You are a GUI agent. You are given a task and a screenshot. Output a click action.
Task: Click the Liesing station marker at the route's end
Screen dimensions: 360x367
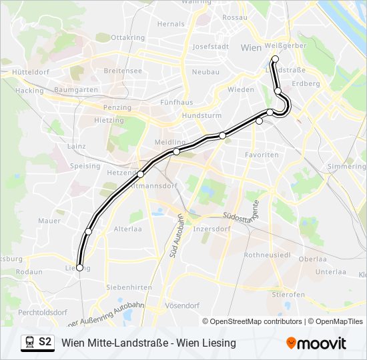pos(80,267)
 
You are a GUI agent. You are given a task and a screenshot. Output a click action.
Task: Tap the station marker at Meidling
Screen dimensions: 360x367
pos(176,152)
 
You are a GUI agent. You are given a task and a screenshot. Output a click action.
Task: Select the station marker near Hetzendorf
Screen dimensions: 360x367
pos(140,174)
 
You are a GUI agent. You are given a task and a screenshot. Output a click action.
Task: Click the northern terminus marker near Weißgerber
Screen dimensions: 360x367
pos(275,59)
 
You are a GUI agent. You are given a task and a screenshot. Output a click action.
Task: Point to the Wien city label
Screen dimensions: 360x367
pos(250,47)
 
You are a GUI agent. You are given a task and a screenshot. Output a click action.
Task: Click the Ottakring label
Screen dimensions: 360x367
pos(128,37)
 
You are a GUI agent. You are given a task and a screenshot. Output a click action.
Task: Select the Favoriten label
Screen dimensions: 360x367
pos(262,155)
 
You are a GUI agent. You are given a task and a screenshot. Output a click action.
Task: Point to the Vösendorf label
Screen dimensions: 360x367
pos(181,305)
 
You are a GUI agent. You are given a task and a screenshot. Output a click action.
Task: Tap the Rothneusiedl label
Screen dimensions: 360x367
pos(266,255)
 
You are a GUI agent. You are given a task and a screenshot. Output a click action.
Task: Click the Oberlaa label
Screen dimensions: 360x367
pos(312,259)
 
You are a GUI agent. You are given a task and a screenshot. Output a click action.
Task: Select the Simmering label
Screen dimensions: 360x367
pos(346,166)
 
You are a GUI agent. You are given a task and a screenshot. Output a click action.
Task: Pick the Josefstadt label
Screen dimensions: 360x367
pos(210,47)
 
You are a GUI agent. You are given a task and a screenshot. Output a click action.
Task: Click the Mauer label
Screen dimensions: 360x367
pos(49,220)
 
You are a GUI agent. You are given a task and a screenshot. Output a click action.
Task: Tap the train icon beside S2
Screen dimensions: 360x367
pos(29,343)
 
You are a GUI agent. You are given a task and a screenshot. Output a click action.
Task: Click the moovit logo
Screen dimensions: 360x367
pos(316,343)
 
